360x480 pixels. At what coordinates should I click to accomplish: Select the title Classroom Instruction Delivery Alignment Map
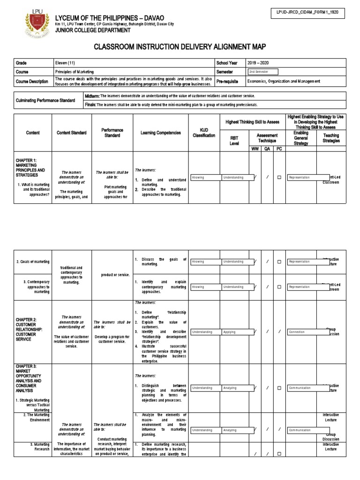click(180, 47)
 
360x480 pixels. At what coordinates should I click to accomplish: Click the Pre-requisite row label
click(228, 81)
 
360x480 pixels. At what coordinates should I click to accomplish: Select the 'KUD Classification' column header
click(204, 133)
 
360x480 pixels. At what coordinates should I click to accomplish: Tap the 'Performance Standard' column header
click(112, 133)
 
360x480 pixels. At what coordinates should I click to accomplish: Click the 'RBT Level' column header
click(234, 140)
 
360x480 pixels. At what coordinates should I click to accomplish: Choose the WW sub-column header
click(255, 148)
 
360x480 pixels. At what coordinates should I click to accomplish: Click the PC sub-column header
click(279, 148)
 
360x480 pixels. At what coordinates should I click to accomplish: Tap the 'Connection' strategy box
click(308, 332)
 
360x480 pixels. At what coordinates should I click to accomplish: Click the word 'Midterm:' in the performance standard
click(92, 96)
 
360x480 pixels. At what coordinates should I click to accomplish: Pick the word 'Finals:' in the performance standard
click(90, 105)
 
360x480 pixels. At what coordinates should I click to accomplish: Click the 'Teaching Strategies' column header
click(331, 138)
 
